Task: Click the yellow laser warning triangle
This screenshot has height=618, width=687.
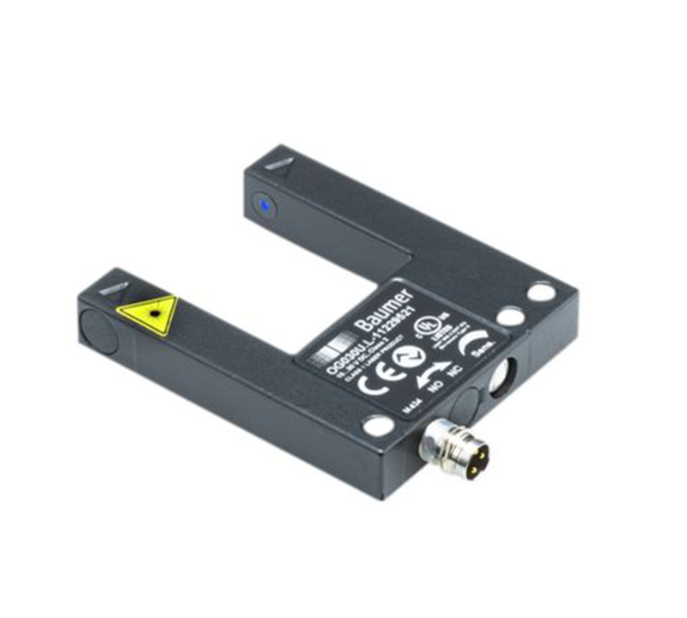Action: (x=149, y=314)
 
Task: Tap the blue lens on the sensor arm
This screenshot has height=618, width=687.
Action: (x=265, y=206)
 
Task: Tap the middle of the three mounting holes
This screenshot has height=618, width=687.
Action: (x=510, y=318)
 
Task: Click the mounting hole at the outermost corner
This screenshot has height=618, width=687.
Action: (x=541, y=292)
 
